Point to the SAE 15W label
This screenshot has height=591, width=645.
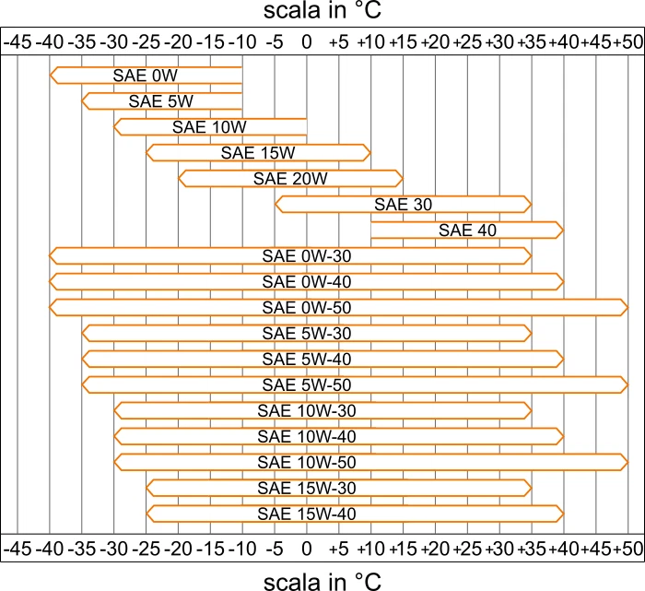(258, 152)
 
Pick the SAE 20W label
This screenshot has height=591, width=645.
(290, 178)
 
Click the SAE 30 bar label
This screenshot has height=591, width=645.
(404, 204)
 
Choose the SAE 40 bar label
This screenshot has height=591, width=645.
(467, 230)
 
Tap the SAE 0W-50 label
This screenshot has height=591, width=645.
(306, 307)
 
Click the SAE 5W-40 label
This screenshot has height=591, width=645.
(306, 359)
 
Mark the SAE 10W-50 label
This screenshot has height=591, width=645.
(306, 462)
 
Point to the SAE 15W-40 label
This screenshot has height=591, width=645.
(306, 514)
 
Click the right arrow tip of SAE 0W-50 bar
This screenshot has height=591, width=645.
(627, 307)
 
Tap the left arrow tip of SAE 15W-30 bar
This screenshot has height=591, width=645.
(147, 488)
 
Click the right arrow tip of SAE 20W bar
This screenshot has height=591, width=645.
(402, 178)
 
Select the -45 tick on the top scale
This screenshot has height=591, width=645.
(19, 41)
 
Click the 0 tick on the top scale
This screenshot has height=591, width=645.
(307, 41)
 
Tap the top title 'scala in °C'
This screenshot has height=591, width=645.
(322, 14)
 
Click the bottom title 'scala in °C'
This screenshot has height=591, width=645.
(322, 578)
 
